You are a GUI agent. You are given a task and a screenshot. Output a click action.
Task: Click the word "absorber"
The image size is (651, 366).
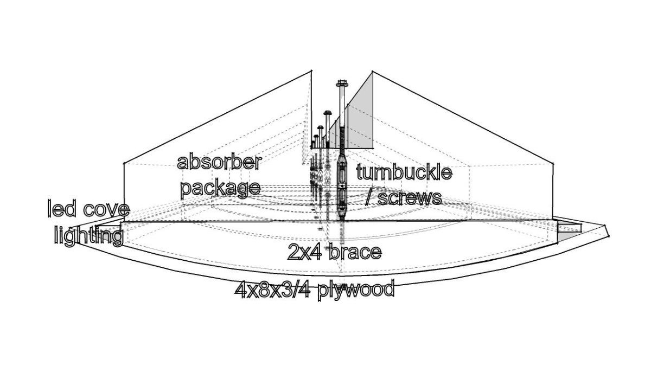pos(220,163)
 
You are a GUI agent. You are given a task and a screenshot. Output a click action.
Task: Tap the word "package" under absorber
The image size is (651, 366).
pos(220,188)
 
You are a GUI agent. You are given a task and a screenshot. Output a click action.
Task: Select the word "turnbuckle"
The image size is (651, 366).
pos(404,173)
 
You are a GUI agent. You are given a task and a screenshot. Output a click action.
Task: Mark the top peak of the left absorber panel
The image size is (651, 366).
pos(311,70)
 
